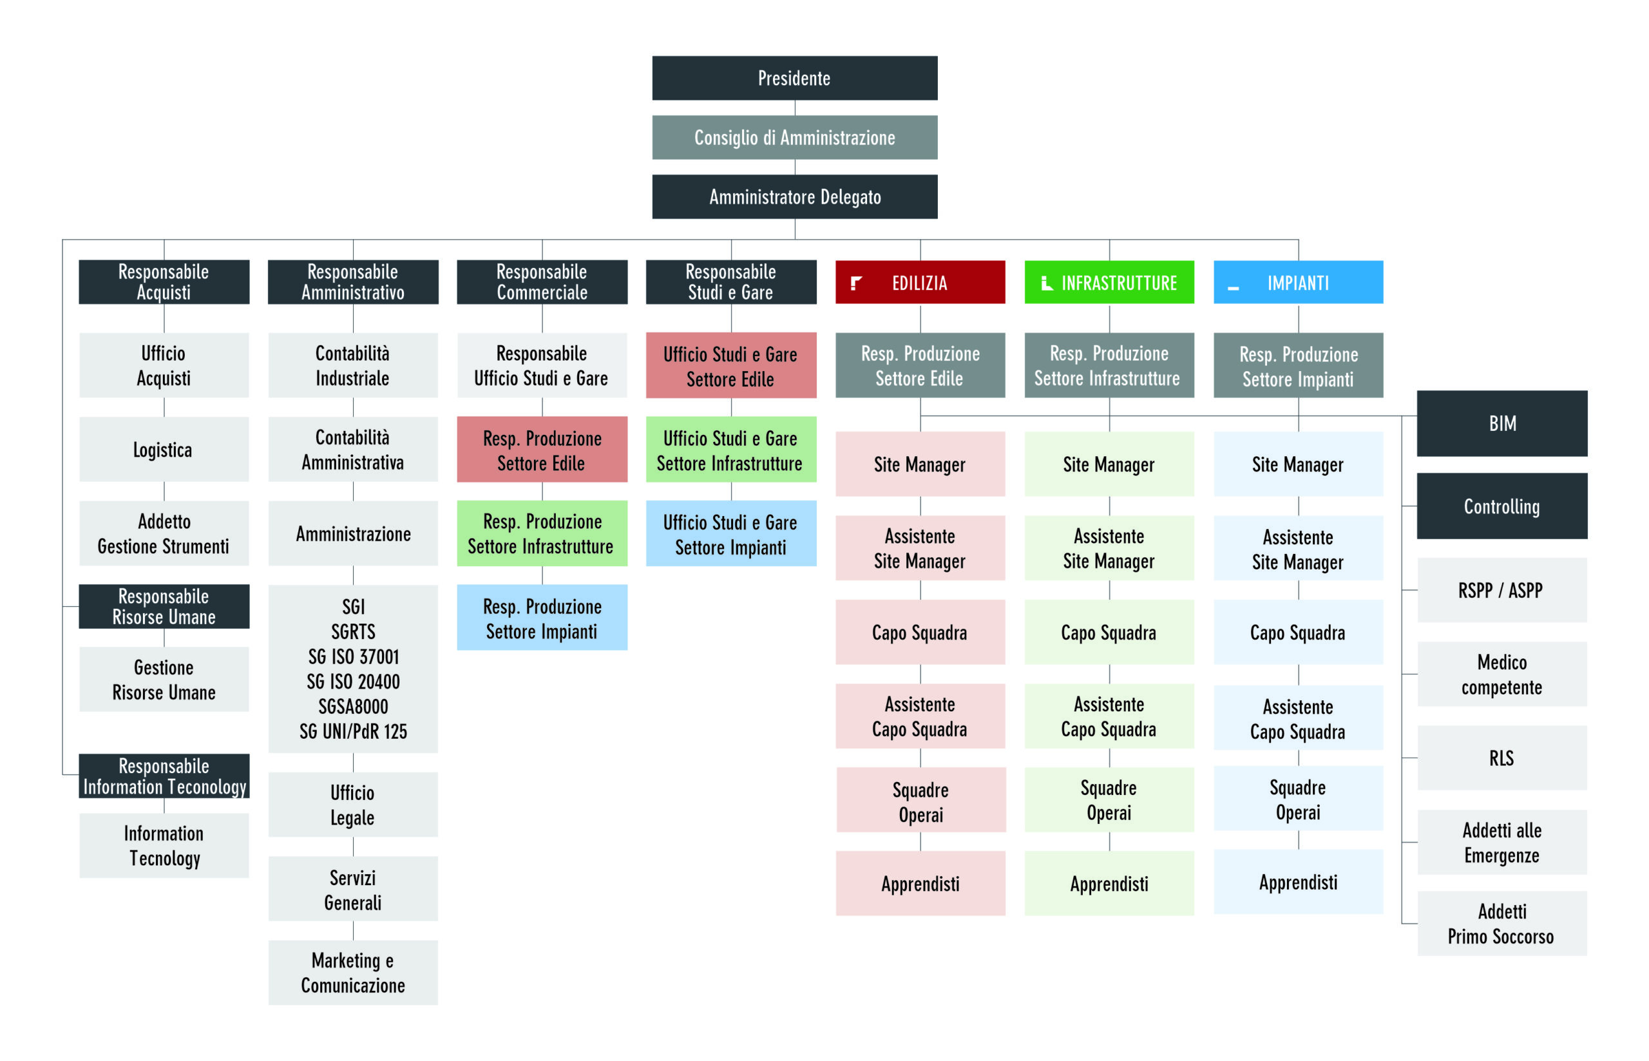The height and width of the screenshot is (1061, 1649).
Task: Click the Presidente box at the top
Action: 794,78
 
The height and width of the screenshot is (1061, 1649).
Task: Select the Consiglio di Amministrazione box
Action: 794,137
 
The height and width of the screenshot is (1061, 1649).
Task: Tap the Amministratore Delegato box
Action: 794,196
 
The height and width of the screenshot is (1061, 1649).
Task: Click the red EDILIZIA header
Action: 920,282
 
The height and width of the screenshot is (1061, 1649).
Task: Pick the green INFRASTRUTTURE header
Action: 1109,282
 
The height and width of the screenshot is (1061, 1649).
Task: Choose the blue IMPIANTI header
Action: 1298,282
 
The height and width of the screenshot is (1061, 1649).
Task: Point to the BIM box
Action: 1501,423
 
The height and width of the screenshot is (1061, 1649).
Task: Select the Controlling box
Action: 1501,506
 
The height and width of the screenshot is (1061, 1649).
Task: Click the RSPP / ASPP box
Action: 1501,589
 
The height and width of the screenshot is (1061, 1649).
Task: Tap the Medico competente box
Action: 1501,674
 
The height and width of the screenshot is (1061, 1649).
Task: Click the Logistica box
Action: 164,449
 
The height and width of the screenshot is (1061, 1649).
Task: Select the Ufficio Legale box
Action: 353,805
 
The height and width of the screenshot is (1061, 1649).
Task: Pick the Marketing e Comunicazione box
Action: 353,972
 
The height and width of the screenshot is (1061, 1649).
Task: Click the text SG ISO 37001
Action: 354,656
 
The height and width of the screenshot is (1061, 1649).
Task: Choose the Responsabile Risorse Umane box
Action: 164,606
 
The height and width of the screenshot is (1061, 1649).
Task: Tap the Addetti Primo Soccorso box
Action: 1501,923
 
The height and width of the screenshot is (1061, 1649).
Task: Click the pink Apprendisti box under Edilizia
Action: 920,883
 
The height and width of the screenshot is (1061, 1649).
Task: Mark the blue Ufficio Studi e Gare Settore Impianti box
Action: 731,533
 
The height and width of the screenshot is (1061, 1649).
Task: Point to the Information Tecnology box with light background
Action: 164,845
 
